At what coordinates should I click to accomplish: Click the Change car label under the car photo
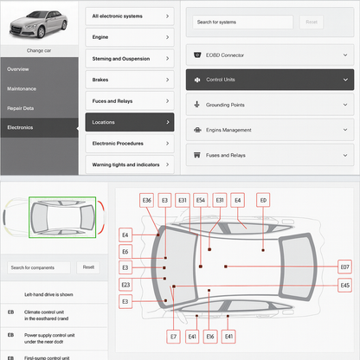pos(40,51)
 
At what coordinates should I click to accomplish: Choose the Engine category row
pos(130,37)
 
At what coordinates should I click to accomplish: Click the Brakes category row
pos(130,80)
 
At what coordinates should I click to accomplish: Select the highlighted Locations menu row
pos(130,122)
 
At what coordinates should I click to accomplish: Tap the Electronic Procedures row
pos(130,143)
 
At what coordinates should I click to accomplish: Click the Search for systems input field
pos(243,22)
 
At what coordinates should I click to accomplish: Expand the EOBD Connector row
pos(270,55)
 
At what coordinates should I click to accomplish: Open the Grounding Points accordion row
pos(270,105)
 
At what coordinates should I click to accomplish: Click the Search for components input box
pos(40,267)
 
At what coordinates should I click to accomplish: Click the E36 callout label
pos(147,200)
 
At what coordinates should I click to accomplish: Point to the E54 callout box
pos(201,200)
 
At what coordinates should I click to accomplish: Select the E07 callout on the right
pos(344,267)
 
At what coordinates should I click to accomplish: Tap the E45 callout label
pos(344,285)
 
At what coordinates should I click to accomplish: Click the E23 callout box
pos(125,285)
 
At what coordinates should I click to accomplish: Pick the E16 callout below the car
pos(210,336)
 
